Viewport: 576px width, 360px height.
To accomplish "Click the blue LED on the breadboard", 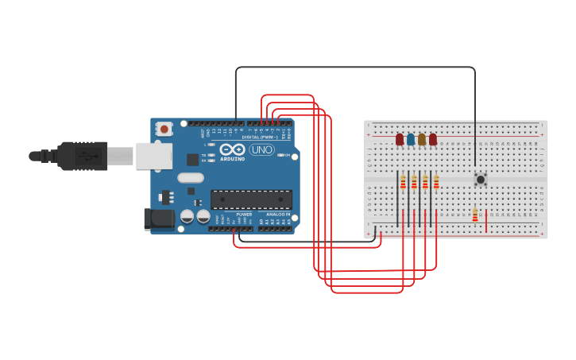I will pos(411,139).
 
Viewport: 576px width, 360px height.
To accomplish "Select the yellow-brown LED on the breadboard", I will pos(422,139).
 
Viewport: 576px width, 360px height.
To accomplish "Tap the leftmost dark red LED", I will pos(400,139).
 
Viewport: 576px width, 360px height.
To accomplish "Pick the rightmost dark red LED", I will pos(433,139).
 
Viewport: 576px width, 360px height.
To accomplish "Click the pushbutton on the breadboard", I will pos(481,180).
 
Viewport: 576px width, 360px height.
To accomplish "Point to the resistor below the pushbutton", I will pos(475,215).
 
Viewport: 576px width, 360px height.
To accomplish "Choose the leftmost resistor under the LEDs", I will pos(403,182).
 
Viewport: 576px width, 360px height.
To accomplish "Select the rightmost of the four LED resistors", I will pos(436,182).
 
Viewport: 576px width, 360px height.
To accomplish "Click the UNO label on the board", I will pos(261,149).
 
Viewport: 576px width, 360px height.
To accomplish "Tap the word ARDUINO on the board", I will pos(233,158).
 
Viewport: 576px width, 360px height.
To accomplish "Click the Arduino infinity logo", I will pos(233,149).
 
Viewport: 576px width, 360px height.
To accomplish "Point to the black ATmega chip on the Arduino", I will pos(251,199).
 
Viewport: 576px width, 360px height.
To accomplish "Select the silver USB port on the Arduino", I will pos(154,156).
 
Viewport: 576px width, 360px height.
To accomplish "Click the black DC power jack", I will pos(159,219).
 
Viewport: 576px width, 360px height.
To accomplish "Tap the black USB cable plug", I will pos(83,156).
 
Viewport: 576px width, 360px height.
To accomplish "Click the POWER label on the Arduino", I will pos(244,215).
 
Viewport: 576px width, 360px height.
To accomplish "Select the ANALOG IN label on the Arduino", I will pos(277,215).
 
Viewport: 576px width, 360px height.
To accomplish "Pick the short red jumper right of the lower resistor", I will pos(486,221).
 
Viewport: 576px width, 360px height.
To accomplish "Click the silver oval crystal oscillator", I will pos(191,178).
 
